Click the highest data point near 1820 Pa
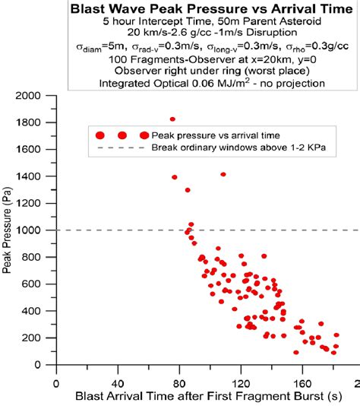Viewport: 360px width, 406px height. (x=172, y=119)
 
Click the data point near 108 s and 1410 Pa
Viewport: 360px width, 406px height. (x=223, y=174)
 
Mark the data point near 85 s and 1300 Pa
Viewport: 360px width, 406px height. (x=188, y=190)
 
